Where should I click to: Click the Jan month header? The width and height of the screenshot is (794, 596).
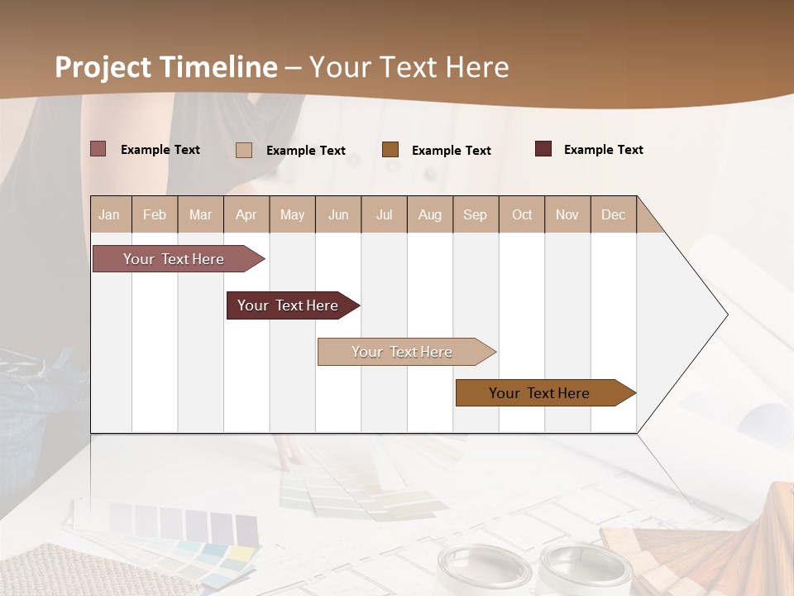(109, 214)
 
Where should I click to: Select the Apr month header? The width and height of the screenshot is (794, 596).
(246, 214)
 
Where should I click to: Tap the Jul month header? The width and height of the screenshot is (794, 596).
(384, 214)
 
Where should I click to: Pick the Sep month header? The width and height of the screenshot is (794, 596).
(475, 214)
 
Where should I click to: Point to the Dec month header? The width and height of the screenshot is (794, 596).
(613, 214)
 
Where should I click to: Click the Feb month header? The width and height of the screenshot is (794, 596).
(155, 214)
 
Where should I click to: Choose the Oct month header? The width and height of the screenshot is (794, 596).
(522, 214)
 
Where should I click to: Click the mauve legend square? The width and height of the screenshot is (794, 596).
(98, 149)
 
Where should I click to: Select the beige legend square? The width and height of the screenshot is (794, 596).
(243, 150)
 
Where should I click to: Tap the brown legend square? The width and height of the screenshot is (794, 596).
(390, 150)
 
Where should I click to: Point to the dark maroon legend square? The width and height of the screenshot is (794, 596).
(543, 149)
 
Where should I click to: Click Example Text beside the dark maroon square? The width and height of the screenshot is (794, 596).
(603, 150)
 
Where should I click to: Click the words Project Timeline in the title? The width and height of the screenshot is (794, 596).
(166, 67)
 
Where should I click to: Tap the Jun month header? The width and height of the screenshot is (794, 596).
(338, 214)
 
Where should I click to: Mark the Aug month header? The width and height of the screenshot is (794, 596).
(429, 214)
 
